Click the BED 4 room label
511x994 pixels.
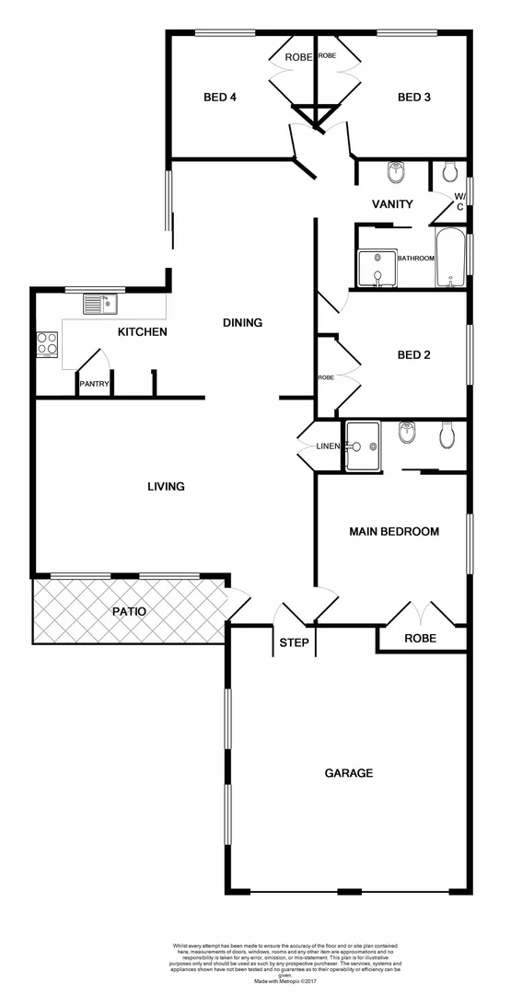tap(220, 98)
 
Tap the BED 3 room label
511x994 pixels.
tap(414, 98)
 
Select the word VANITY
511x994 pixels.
tap(392, 204)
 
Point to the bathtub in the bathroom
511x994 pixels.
tap(450, 259)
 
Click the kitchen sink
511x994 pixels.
tap(98, 304)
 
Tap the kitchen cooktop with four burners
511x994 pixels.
tap(47, 344)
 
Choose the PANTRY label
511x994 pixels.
tap(95, 384)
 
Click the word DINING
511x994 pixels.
tap(243, 323)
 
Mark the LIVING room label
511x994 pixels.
tap(167, 486)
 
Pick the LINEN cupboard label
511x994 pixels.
tap(328, 446)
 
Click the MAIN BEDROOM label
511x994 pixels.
tap(393, 531)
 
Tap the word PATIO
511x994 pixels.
tap(130, 610)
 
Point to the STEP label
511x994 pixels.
tap(295, 642)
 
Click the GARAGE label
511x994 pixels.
tap(349, 773)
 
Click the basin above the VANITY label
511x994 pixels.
tap(397, 172)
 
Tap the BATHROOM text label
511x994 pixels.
tap(415, 259)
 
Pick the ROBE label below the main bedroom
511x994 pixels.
tap(420, 638)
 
